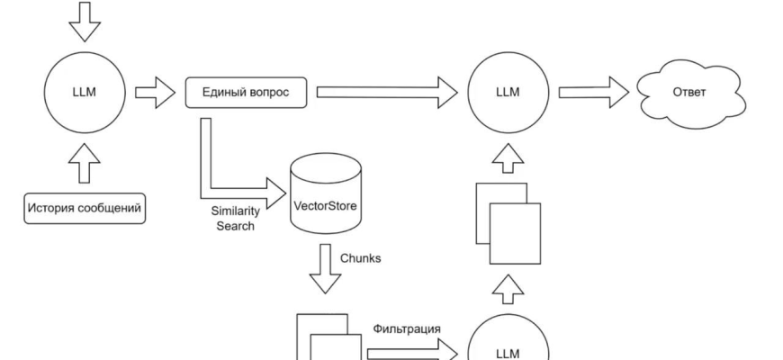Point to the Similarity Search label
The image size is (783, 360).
[235, 219]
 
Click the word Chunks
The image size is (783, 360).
[360, 257]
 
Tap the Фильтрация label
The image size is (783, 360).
[407, 328]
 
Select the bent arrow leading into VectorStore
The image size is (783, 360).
[225, 180]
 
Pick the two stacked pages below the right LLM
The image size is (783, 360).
[508, 223]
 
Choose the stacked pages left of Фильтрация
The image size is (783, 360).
[324, 340]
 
